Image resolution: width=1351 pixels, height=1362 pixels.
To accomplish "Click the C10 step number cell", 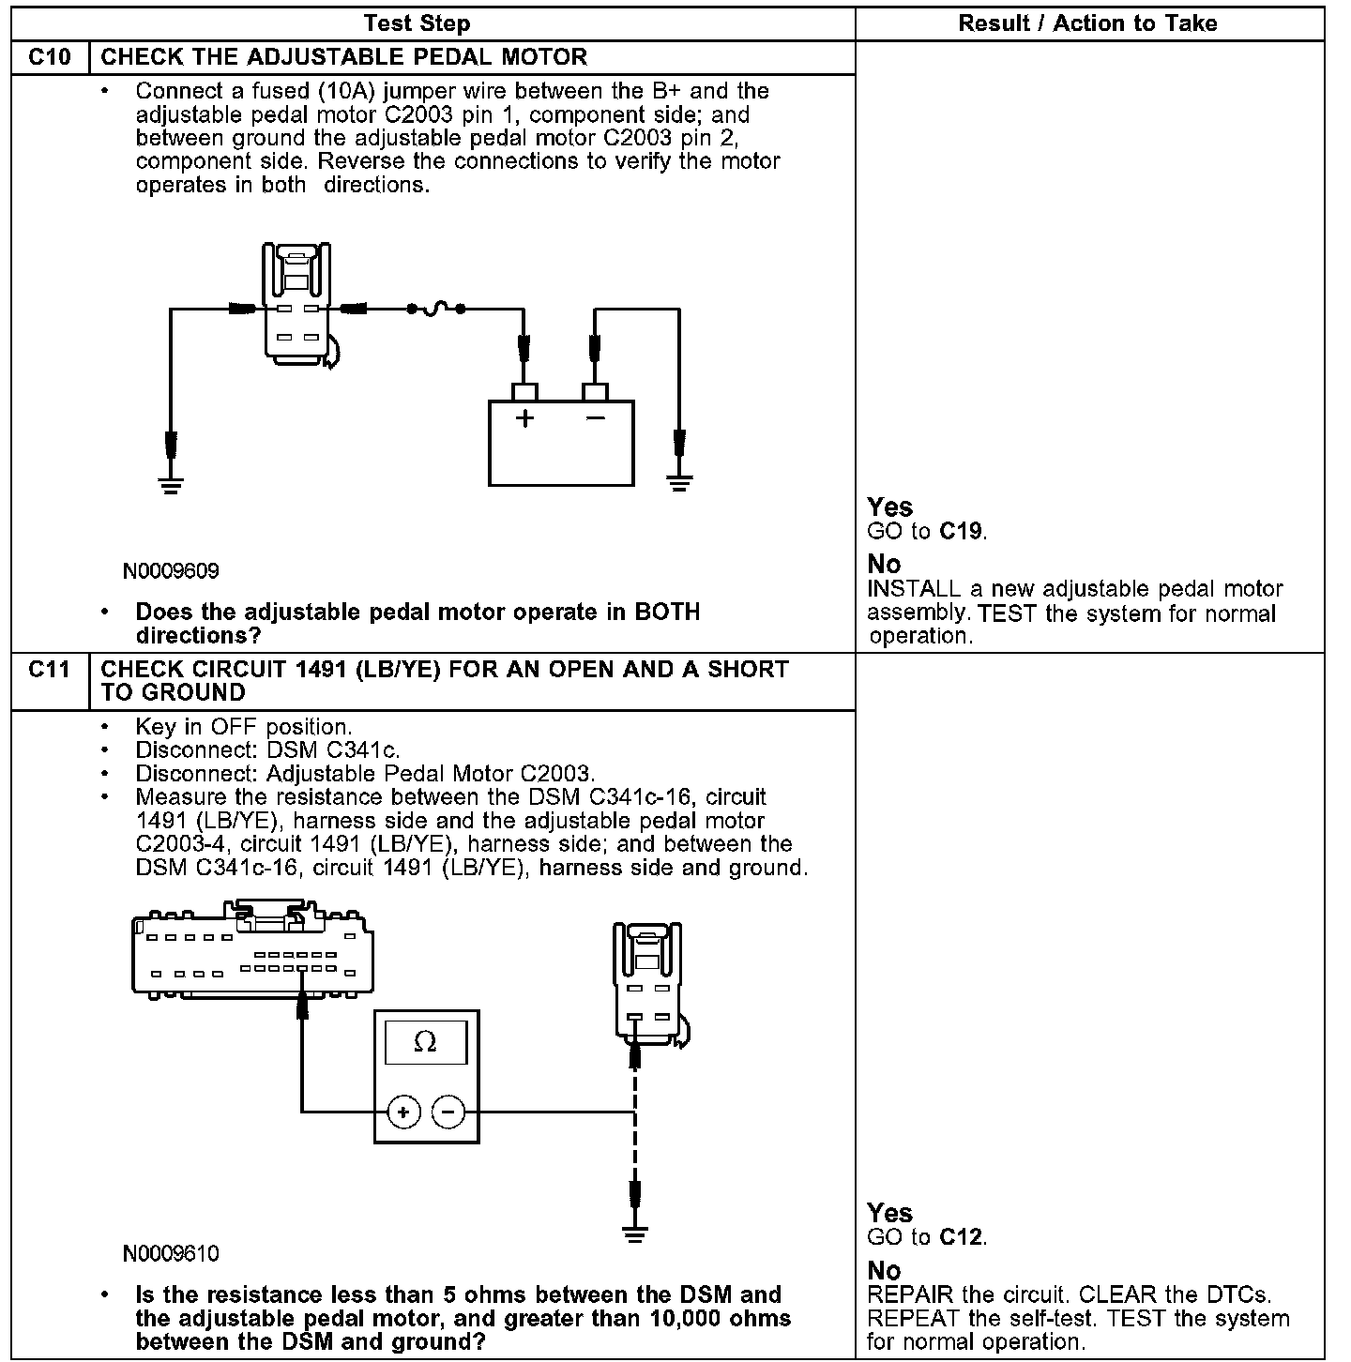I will tap(50, 57).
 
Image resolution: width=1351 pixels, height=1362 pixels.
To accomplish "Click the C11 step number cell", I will tap(50, 670).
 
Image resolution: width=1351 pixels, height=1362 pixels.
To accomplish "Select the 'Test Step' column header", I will tap(417, 23).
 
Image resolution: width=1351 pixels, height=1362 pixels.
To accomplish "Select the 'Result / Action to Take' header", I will tap(1087, 23).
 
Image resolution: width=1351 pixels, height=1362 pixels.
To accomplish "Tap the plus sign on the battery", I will tap(524, 418).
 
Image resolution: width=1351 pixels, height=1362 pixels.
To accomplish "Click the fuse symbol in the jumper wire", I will tap(436, 308).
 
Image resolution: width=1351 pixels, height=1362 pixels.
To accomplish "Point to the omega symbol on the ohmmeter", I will tap(425, 1042).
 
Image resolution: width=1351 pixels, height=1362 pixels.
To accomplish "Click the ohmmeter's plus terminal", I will tap(403, 1112).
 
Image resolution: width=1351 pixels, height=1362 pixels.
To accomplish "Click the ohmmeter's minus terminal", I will tap(448, 1112).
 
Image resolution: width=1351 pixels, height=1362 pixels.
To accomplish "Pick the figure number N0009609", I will tap(171, 571).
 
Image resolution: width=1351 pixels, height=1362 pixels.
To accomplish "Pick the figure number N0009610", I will tap(171, 1253).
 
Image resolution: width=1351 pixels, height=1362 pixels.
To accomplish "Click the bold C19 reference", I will tap(961, 532).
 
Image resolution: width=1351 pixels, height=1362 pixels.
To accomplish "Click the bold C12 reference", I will tap(961, 1237).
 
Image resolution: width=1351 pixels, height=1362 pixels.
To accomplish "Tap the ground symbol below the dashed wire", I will tap(635, 1233).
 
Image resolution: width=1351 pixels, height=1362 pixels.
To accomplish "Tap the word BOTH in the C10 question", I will tap(667, 613).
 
